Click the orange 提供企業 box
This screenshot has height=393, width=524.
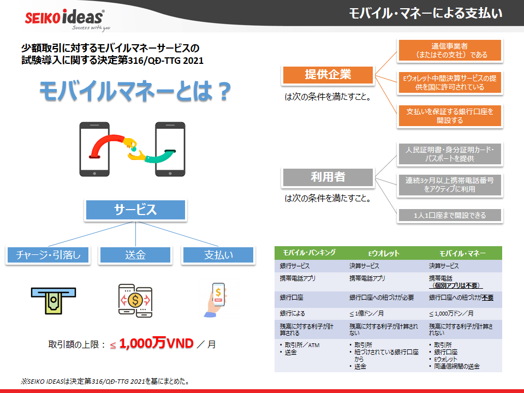(x=328, y=75)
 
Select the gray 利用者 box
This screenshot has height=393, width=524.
(x=328, y=177)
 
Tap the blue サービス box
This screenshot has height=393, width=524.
(x=135, y=210)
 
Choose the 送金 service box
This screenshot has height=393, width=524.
(x=135, y=255)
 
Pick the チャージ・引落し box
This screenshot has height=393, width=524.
(x=48, y=255)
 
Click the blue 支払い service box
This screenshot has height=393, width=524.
(x=218, y=255)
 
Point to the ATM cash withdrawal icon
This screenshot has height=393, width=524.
(x=53, y=300)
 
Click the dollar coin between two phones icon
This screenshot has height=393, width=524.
(x=135, y=300)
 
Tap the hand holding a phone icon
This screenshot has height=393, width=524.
(x=216, y=300)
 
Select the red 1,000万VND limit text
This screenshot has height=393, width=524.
(x=156, y=343)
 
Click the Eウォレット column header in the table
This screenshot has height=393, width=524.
(x=384, y=253)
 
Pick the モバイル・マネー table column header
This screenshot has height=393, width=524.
(x=462, y=253)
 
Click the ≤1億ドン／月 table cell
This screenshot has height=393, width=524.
(x=366, y=313)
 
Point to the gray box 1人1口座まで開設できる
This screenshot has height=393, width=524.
(x=450, y=215)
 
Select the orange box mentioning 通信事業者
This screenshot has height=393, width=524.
(x=450, y=50)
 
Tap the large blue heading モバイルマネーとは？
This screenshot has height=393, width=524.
(x=135, y=91)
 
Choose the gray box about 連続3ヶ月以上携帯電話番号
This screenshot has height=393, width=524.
(x=450, y=185)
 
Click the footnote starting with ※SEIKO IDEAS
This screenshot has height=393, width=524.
(x=105, y=382)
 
